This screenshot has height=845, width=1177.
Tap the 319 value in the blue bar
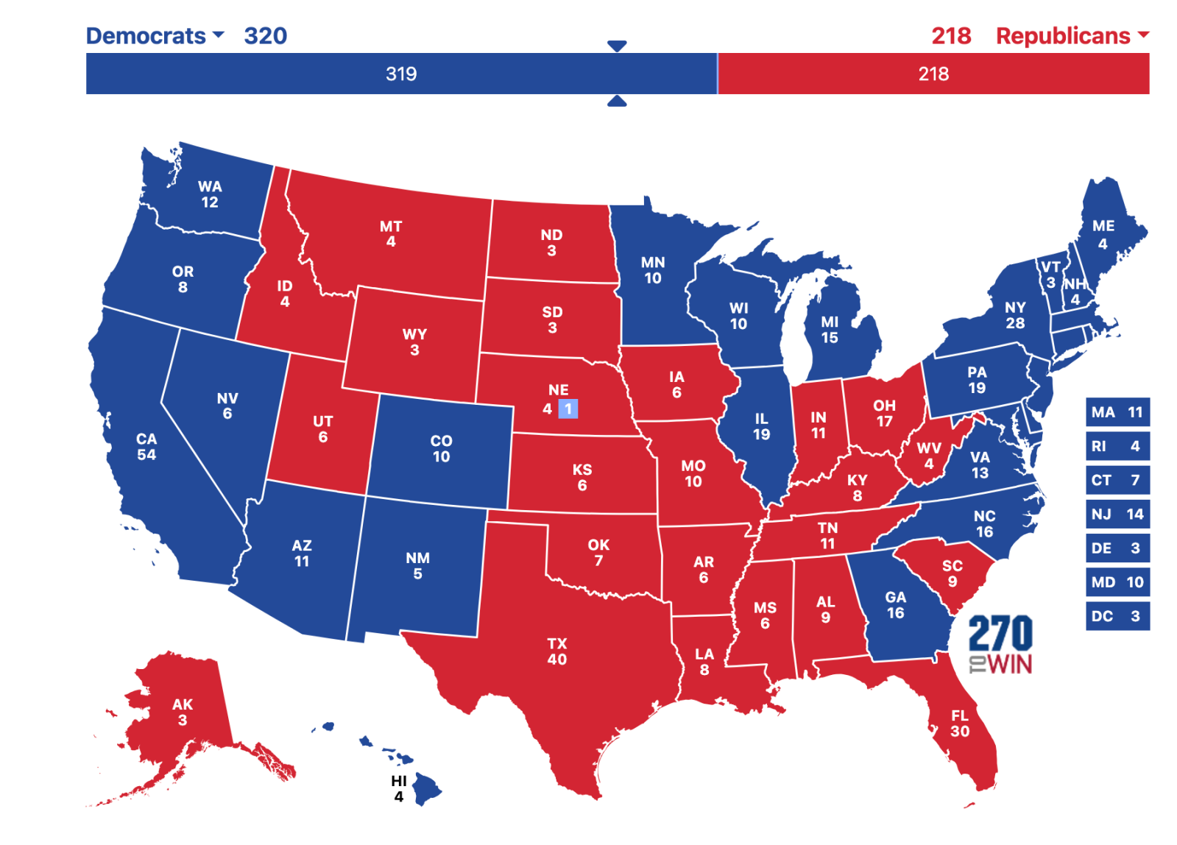(401, 74)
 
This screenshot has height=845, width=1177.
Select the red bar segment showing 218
(933, 74)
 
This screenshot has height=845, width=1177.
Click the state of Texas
(557, 652)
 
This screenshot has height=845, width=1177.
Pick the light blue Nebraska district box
(568, 409)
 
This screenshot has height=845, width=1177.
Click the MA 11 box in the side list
(1117, 412)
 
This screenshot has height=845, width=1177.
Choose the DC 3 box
(1117, 616)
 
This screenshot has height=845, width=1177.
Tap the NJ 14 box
(1117, 514)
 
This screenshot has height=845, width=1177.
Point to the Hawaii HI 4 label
(398, 788)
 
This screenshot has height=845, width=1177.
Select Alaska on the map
(182, 711)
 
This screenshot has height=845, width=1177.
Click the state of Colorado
(441, 448)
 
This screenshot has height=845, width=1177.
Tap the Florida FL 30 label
(959, 723)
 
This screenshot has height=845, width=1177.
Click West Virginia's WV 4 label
(929, 456)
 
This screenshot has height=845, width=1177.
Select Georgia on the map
(895, 604)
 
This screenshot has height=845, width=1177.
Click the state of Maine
(1103, 233)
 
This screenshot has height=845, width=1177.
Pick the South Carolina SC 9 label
(952, 573)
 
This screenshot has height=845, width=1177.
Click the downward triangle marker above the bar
(617, 46)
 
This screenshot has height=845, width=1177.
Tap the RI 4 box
(1117, 446)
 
